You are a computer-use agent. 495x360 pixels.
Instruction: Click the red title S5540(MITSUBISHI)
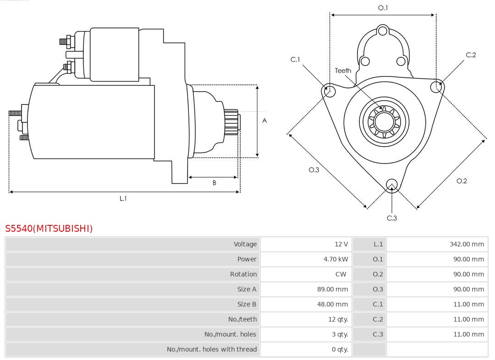click(49, 229)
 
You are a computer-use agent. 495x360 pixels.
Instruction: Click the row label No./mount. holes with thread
click(212, 349)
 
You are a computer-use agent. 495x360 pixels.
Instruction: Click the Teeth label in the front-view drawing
click(343, 71)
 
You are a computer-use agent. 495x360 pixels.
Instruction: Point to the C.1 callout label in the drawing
click(295, 60)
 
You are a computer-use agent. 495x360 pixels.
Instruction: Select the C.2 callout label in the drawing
click(471, 55)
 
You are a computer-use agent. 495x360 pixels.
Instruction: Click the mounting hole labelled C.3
click(391, 185)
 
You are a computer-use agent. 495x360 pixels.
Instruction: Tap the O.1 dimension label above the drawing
click(383, 8)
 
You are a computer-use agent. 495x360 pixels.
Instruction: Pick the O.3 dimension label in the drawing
click(313, 170)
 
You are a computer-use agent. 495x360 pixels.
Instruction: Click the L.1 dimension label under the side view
click(123, 198)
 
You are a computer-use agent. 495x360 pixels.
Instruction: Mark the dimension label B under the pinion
click(214, 183)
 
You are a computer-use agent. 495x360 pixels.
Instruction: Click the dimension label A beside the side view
click(264, 121)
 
